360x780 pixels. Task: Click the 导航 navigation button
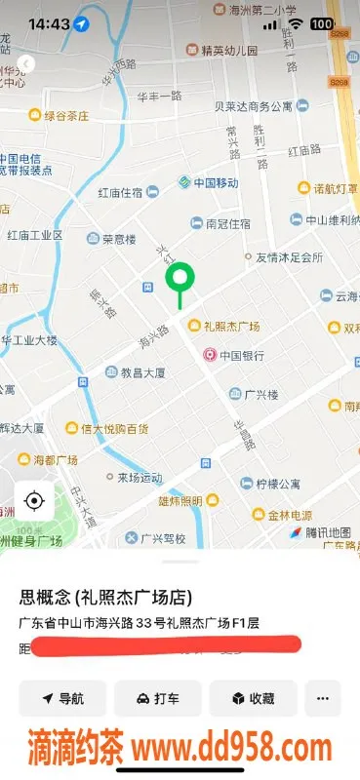click(x=62, y=698)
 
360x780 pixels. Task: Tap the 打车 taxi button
click(x=158, y=698)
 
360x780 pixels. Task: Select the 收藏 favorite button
click(x=253, y=698)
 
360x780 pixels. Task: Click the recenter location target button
click(x=34, y=501)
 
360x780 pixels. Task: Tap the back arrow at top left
click(x=26, y=63)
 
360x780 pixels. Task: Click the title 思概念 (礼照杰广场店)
click(x=105, y=597)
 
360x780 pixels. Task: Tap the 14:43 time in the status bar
click(x=48, y=23)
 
